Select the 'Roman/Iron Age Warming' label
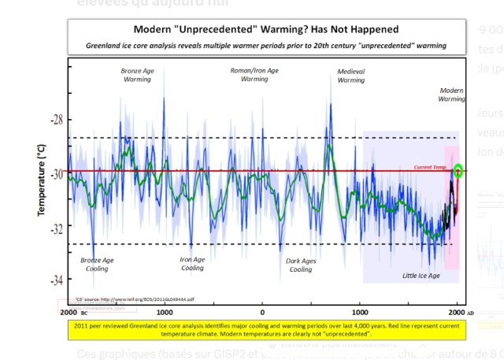point(254,74)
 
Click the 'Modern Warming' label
point(452,95)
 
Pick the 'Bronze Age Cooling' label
point(97,264)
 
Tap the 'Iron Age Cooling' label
point(192,264)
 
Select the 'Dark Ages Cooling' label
point(301,265)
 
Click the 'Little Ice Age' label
point(422,276)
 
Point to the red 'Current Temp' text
point(430,167)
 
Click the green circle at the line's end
point(458,171)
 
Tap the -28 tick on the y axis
point(57,121)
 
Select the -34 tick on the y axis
point(57,280)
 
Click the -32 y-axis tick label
point(57,227)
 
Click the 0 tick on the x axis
point(262,312)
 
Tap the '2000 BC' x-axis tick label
point(73,312)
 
